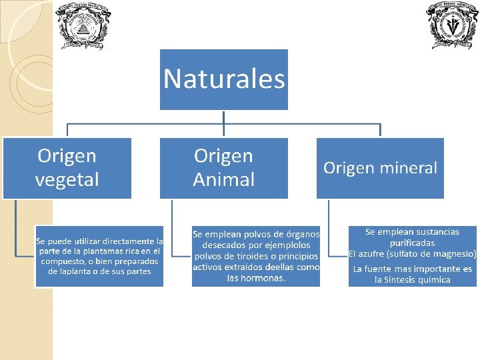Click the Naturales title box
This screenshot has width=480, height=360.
tap(224, 79)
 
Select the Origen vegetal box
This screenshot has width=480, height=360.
tap(67, 167)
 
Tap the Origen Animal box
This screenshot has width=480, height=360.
tap(224, 167)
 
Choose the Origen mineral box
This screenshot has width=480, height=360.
tap(380, 167)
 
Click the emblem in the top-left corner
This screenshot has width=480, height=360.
tap(83, 25)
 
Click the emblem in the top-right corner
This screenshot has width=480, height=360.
tap(453, 25)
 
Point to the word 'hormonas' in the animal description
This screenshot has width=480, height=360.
tap(265, 278)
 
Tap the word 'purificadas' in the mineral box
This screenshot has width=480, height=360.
tap(412, 243)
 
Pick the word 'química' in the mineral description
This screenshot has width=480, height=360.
tap(433, 280)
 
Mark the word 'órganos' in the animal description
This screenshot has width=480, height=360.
tap(302, 234)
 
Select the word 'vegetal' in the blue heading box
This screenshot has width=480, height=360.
tap(67, 179)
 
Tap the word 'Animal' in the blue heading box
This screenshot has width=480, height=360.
tap(224, 179)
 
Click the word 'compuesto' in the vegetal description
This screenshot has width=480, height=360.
tap(65, 261)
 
